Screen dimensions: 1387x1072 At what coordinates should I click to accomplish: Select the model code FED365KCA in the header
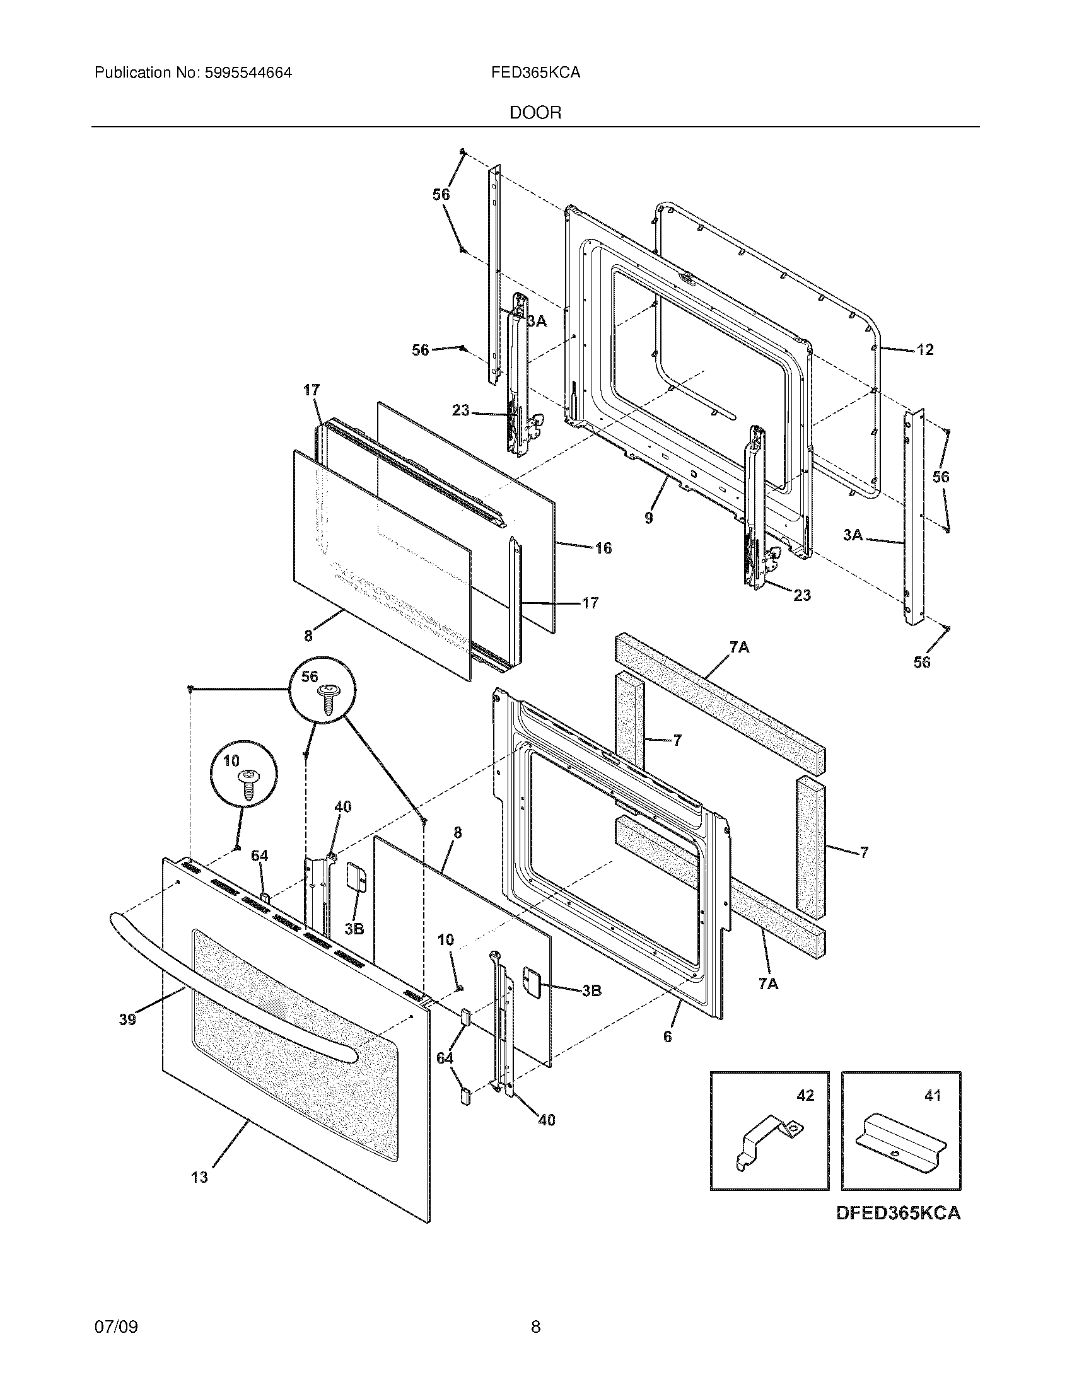(535, 73)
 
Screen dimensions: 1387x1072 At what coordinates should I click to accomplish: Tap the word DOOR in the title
(535, 113)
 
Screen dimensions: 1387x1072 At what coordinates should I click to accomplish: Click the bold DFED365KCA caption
(898, 1212)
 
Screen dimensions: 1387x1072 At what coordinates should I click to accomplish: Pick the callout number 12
(925, 349)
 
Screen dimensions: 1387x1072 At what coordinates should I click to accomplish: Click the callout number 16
(603, 547)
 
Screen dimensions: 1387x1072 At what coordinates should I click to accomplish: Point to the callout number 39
(127, 1019)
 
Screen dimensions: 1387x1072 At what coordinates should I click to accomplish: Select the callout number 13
(199, 1177)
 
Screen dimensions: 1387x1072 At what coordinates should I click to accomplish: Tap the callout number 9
(648, 518)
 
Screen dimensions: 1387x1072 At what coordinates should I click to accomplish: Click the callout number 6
(667, 1036)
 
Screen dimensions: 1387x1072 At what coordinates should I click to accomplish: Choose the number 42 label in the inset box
(805, 1096)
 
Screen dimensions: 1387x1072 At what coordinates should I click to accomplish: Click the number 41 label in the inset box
(932, 1096)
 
